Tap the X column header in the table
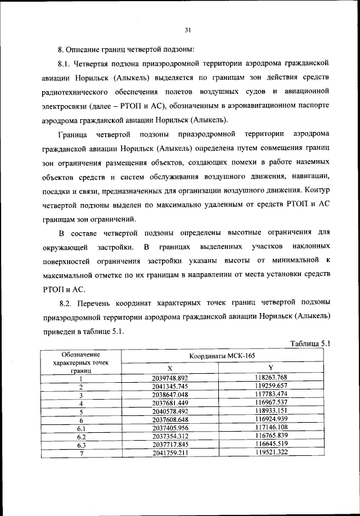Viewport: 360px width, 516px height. coord(169,369)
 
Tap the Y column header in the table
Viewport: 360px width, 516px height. coord(271,369)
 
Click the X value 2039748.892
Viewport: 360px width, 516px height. coord(169,378)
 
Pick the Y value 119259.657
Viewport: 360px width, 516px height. coord(271,387)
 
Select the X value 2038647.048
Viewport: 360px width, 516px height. coord(169,395)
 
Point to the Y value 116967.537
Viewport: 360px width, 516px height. coord(271,404)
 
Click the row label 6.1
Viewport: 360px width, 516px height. coord(81,429)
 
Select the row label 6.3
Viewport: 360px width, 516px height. coord(81,446)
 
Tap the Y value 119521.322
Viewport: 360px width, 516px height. coord(271,454)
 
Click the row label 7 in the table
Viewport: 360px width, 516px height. coord(81,454)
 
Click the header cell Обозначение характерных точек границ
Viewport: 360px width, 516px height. coord(81,363)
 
